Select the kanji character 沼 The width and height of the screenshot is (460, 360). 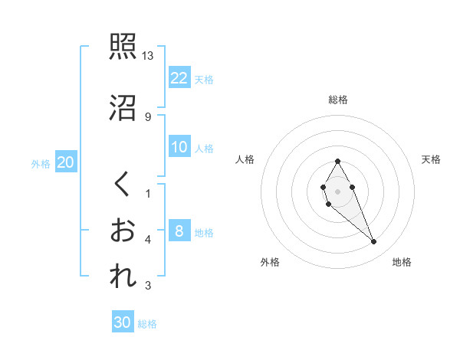(x=123, y=107)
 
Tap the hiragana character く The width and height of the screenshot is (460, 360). (x=123, y=184)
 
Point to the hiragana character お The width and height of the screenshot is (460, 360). (x=123, y=231)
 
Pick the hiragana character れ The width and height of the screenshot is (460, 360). (x=123, y=277)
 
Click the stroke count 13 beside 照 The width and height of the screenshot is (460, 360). (x=148, y=56)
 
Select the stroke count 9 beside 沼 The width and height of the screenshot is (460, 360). (x=148, y=116)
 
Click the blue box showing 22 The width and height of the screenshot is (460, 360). (x=179, y=77)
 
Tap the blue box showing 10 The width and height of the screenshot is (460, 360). (x=179, y=147)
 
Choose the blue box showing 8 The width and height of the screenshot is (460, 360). (x=179, y=231)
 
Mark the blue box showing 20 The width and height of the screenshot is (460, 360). (x=66, y=162)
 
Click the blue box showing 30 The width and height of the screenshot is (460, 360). (x=122, y=322)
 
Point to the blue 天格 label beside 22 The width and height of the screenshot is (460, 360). (x=204, y=79)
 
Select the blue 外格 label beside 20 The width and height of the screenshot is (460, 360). (x=41, y=164)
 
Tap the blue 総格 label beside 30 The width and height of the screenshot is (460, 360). (x=147, y=324)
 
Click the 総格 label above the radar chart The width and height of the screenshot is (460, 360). (x=338, y=100)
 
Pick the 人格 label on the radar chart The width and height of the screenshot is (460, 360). (x=245, y=159)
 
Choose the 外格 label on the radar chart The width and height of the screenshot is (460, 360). (x=270, y=262)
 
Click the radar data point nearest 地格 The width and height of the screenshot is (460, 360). (x=374, y=242)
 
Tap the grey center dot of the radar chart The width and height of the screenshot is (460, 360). (x=337, y=190)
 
